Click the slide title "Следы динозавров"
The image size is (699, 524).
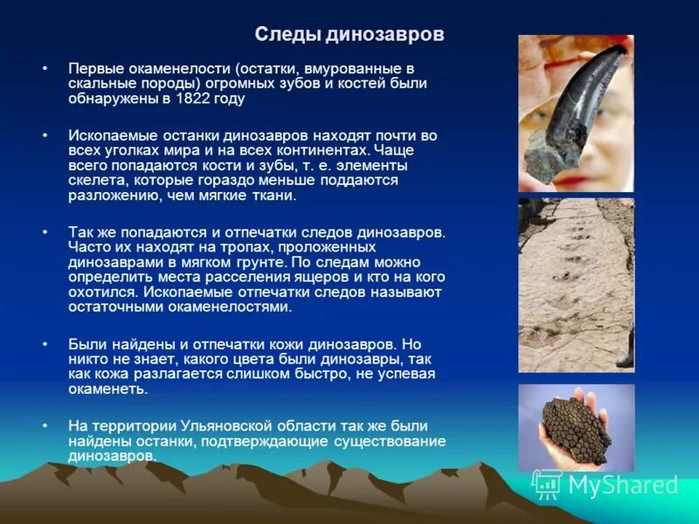[x=349, y=35]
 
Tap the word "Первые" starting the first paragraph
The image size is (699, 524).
[x=93, y=67]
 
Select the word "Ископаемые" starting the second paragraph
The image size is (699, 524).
[x=108, y=135]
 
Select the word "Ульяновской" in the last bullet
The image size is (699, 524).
[x=227, y=426]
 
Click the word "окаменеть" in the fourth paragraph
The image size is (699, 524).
[x=108, y=390]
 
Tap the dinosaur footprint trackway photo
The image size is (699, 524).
[x=576, y=284]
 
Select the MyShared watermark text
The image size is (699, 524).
[x=623, y=485]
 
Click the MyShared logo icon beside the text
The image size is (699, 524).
[x=547, y=484]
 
